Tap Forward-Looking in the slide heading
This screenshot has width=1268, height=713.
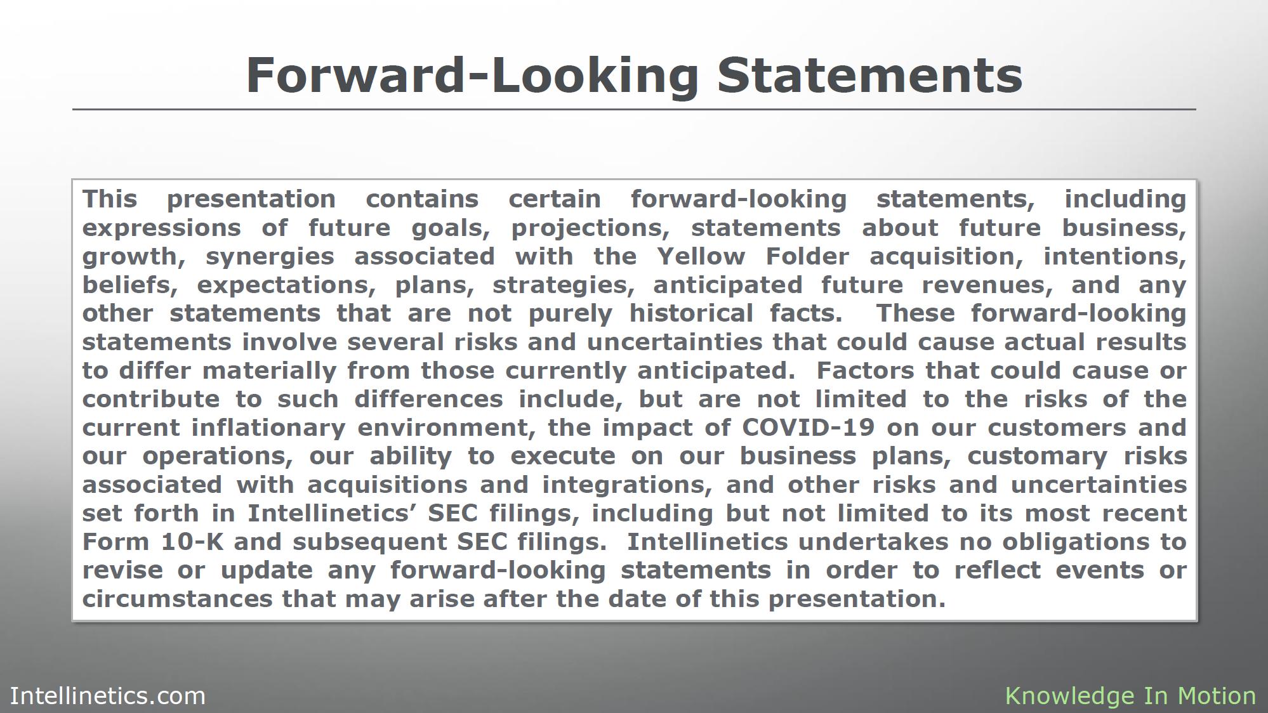pyautogui.click(x=472, y=76)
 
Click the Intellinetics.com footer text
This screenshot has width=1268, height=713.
pyautogui.click(x=108, y=696)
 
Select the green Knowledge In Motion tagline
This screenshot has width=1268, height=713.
pyautogui.click(x=1130, y=697)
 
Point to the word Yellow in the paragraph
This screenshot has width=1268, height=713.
pyautogui.click(x=701, y=256)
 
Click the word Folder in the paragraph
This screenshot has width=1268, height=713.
pyautogui.click(x=807, y=256)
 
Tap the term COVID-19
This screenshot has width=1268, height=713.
pyautogui.click(x=808, y=428)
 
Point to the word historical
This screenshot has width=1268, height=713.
pyautogui.click(x=691, y=313)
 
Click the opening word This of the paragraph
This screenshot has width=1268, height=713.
pyautogui.click(x=110, y=199)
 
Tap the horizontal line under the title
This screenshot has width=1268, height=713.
pyautogui.click(x=634, y=109)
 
